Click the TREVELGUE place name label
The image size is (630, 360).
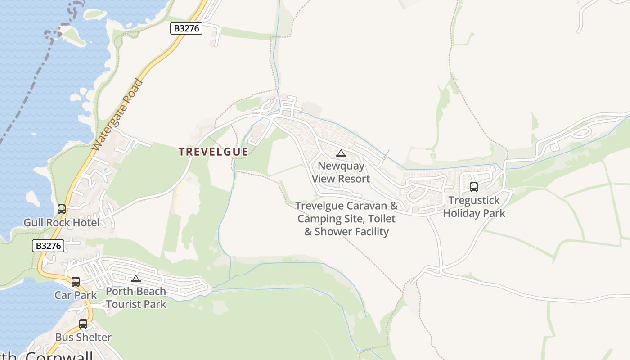pyautogui.click(x=213, y=152)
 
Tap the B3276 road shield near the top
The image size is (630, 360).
pyautogui.click(x=187, y=28)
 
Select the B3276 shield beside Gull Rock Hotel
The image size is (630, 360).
pyautogui.click(x=48, y=246)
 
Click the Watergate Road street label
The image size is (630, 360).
pyautogui.click(x=117, y=115)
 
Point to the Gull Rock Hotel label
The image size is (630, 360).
pyautogui.click(x=62, y=222)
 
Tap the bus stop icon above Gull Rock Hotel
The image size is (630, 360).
pyautogui.click(x=62, y=209)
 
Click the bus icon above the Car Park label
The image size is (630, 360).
pyautogui.click(x=76, y=282)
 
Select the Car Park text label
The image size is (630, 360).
pyautogui.click(x=76, y=295)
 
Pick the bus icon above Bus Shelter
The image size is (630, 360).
pyautogui.click(x=83, y=324)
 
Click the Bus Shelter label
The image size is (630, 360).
pyautogui.click(x=83, y=337)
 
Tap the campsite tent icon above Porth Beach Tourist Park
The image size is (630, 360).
pyautogui.click(x=136, y=279)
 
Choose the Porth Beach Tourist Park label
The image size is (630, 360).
pyautogui.click(x=136, y=297)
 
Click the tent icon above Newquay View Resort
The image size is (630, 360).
pyautogui.click(x=341, y=153)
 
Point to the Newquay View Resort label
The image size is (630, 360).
pyautogui.click(x=341, y=172)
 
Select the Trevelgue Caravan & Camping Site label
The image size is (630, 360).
pyautogui.click(x=346, y=219)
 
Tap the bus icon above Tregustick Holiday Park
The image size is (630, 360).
pyautogui.click(x=474, y=187)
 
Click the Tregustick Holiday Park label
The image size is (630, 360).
pyautogui.click(x=474, y=207)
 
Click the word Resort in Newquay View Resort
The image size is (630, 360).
pyautogui.click(x=354, y=179)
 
